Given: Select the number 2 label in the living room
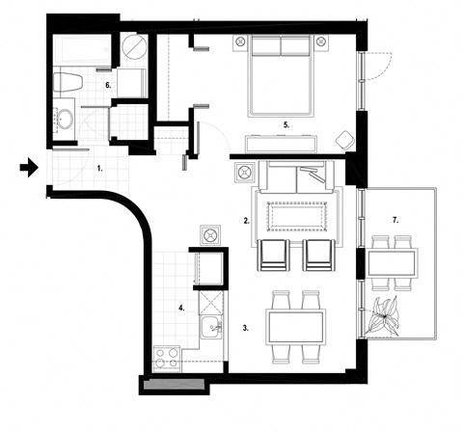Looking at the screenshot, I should coord(247,221).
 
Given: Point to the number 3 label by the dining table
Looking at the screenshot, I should coord(246,328).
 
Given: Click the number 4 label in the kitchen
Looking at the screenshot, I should coord(180,308).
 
